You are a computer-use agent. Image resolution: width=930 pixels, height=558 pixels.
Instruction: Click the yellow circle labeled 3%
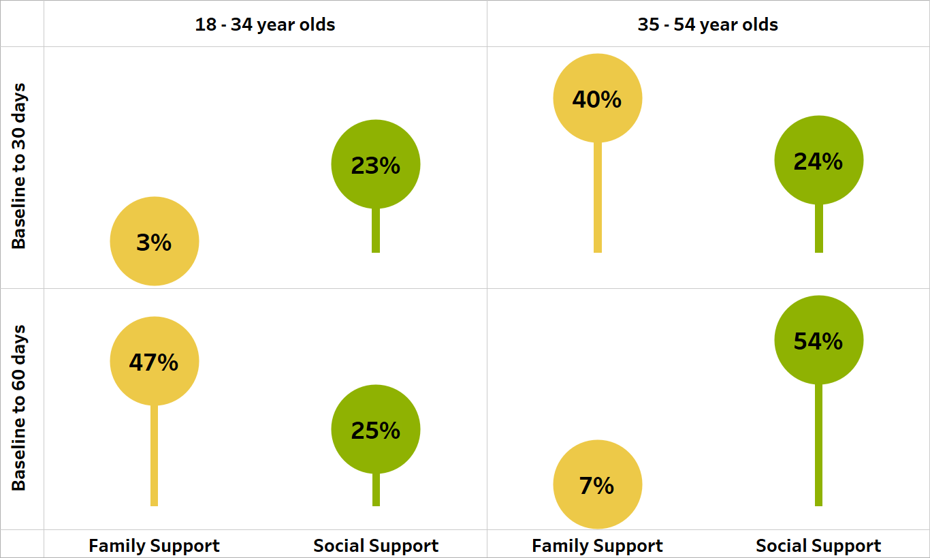(155, 241)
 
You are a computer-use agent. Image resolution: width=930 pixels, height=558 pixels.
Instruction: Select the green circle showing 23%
(376, 164)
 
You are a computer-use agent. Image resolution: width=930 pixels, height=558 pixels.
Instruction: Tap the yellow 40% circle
(597, 98)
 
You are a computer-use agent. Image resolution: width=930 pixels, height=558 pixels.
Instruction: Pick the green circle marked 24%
(819, 160)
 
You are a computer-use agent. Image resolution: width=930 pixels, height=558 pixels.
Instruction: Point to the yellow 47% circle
(155, 361)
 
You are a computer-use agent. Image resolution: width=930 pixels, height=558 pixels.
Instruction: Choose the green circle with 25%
(376, 429)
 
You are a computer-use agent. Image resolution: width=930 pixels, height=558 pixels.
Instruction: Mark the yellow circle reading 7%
(597, 484)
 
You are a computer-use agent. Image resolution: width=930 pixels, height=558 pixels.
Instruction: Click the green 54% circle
(819, 340)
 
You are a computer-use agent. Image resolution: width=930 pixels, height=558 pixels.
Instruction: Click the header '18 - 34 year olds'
(265, 25)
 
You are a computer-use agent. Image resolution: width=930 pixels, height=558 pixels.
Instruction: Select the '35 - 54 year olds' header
(708, 25)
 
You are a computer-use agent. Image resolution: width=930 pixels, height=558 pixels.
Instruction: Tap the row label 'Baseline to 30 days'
(19, 166)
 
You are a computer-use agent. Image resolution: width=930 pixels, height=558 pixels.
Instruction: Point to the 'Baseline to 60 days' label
(19, 407)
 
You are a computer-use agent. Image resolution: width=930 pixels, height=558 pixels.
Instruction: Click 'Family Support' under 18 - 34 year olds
(155, 546)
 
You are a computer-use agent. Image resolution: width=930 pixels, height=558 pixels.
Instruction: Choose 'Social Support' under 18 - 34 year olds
(376, 546)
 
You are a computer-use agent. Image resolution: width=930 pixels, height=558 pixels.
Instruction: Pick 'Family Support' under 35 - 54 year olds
(597, 546)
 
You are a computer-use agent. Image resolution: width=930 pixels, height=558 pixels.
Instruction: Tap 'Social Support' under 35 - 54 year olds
(818, 546)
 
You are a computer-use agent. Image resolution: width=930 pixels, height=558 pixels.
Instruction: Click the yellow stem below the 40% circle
(598, 197)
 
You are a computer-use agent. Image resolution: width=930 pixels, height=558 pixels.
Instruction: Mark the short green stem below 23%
(376, 230)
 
